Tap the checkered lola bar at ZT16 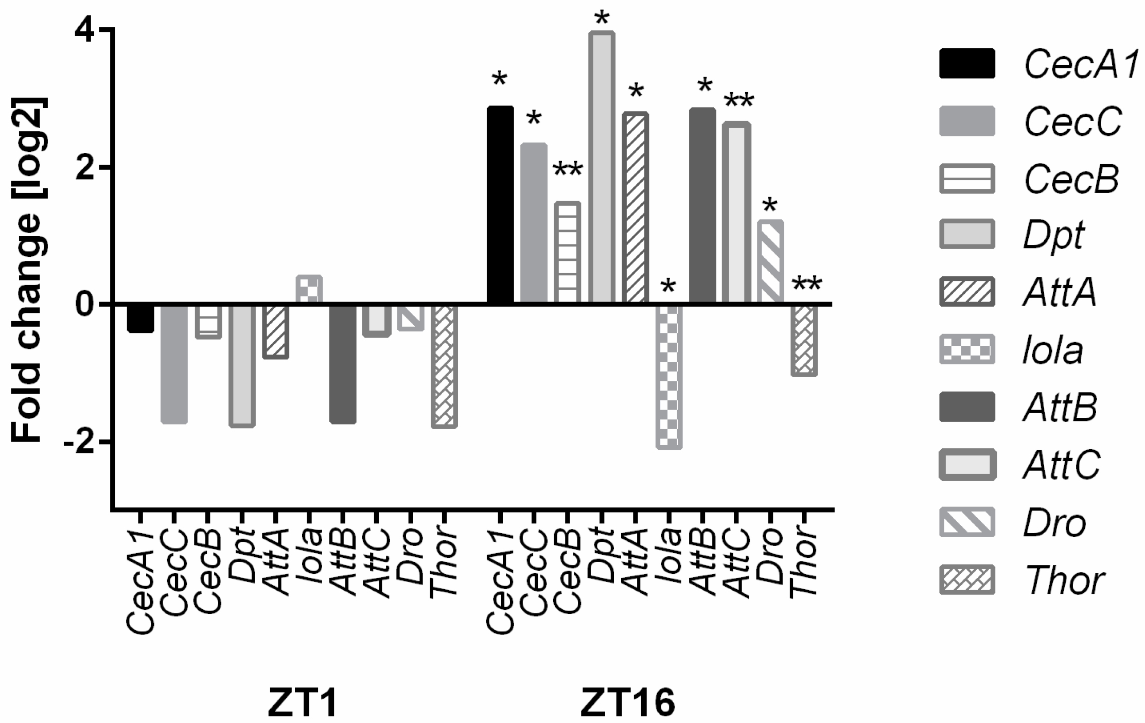pyautogui.click(x=669, y=376)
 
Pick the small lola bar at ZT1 pyautogui.click(x=309, y=290)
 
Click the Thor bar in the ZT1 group pyautogui.click(x=444, y=366)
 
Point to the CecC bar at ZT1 pyautogui.click(x=174, y=363)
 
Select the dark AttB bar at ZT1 pyautogui.click(x=343, y=363)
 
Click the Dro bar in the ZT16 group pyautogui.click(x=770, y=262)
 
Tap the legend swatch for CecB pyautogui.click(x=966, y=179)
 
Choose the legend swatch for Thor pyautogui.click(x=966, y=579)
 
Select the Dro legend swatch pyautogui.click(x=966, y=522)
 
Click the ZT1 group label pyautogui.click(x=303, y=703)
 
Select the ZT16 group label pyautogui.click(x=627, y=703)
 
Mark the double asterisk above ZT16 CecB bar pyautogui.click(x=568, y=170)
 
